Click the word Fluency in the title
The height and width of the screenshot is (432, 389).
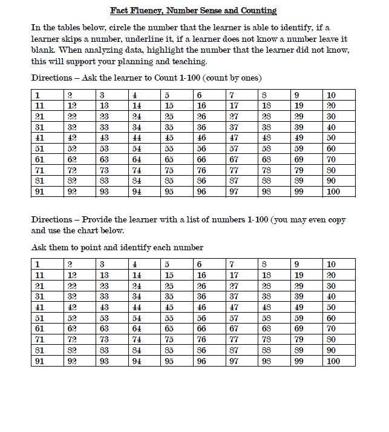click(148, 10)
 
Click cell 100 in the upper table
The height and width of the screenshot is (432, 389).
click(333, 191)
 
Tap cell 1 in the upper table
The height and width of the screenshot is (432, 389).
click(38, 95)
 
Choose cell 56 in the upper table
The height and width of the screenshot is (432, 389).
click(201, 148)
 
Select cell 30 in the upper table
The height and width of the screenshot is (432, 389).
click(331, 116)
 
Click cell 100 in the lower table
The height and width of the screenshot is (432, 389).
click(333, 361)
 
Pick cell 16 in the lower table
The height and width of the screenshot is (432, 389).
click(201, 275)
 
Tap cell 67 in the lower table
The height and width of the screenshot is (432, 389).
click(234, 329)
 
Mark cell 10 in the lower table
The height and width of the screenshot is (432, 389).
click(331, 265)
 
